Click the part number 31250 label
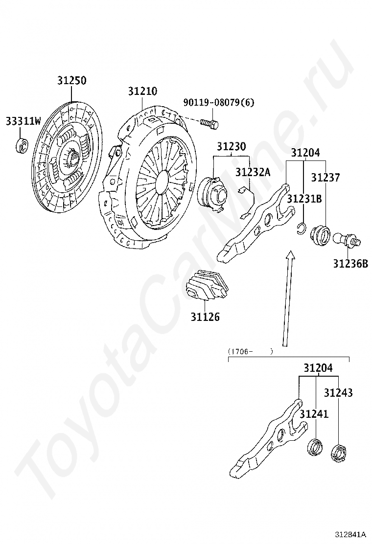coord(71,81)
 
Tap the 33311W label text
coord(23,121)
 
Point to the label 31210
coord(142,91)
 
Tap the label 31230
coord(232,146)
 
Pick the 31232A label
coord(253,172)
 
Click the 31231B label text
coord(304,199)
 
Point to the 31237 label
coord(325,178)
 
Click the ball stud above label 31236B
coord(346,239)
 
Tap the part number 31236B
coord(350,264)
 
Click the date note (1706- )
coord(250,351)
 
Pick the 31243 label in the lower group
coord(338,393)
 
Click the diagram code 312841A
coord(351,534)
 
